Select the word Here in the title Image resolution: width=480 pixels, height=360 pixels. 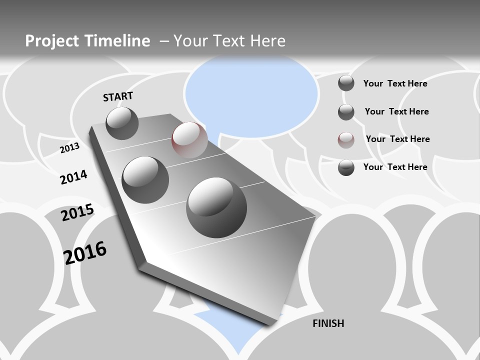[267, 41]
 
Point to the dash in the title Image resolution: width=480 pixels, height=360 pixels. [164, 41]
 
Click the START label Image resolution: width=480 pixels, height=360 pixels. [118, 96]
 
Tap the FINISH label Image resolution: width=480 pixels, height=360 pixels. [328, 323]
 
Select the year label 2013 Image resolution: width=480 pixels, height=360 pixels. [69, 148]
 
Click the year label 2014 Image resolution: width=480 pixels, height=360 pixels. [73, 177]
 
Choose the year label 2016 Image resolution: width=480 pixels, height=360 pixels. [85, 252]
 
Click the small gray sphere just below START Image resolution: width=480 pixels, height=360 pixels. [122, 123]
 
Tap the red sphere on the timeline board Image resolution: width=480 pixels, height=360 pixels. [189, 139]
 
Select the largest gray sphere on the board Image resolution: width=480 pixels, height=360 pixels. [216, 207]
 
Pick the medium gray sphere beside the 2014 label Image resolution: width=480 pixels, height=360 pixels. [145, 179]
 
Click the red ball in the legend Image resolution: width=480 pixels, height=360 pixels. [346, 140]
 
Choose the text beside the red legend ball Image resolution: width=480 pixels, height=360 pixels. [397, 139]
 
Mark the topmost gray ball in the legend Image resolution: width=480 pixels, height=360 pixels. [346, 83]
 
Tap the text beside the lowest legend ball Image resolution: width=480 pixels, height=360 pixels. [395, 167]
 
